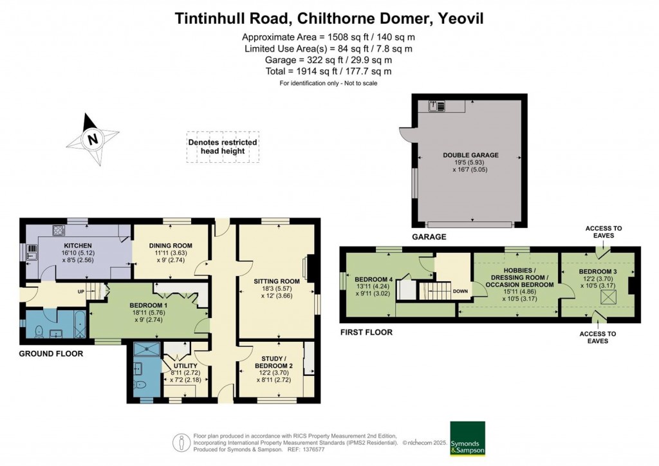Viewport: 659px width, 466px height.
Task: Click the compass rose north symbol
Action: click(93, 139)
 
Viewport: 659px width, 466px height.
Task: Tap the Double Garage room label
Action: click(470, 155)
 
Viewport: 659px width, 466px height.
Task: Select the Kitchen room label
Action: click(77, 246)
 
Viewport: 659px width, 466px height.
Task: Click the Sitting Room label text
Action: click(277, 281)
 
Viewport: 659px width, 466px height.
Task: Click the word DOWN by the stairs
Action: click(460, 291)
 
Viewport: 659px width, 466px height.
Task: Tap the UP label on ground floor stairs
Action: click(80, 292)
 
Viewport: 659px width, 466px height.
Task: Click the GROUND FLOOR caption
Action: click(51, 353)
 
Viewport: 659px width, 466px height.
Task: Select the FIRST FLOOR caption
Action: click(366, 332)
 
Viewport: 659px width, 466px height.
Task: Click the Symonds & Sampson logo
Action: click(467, 438)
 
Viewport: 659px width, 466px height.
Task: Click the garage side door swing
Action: click(407, 134)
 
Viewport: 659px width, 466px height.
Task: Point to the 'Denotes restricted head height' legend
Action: click(222, 147)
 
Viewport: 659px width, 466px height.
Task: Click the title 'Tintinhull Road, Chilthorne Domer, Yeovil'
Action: click(329, 19)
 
